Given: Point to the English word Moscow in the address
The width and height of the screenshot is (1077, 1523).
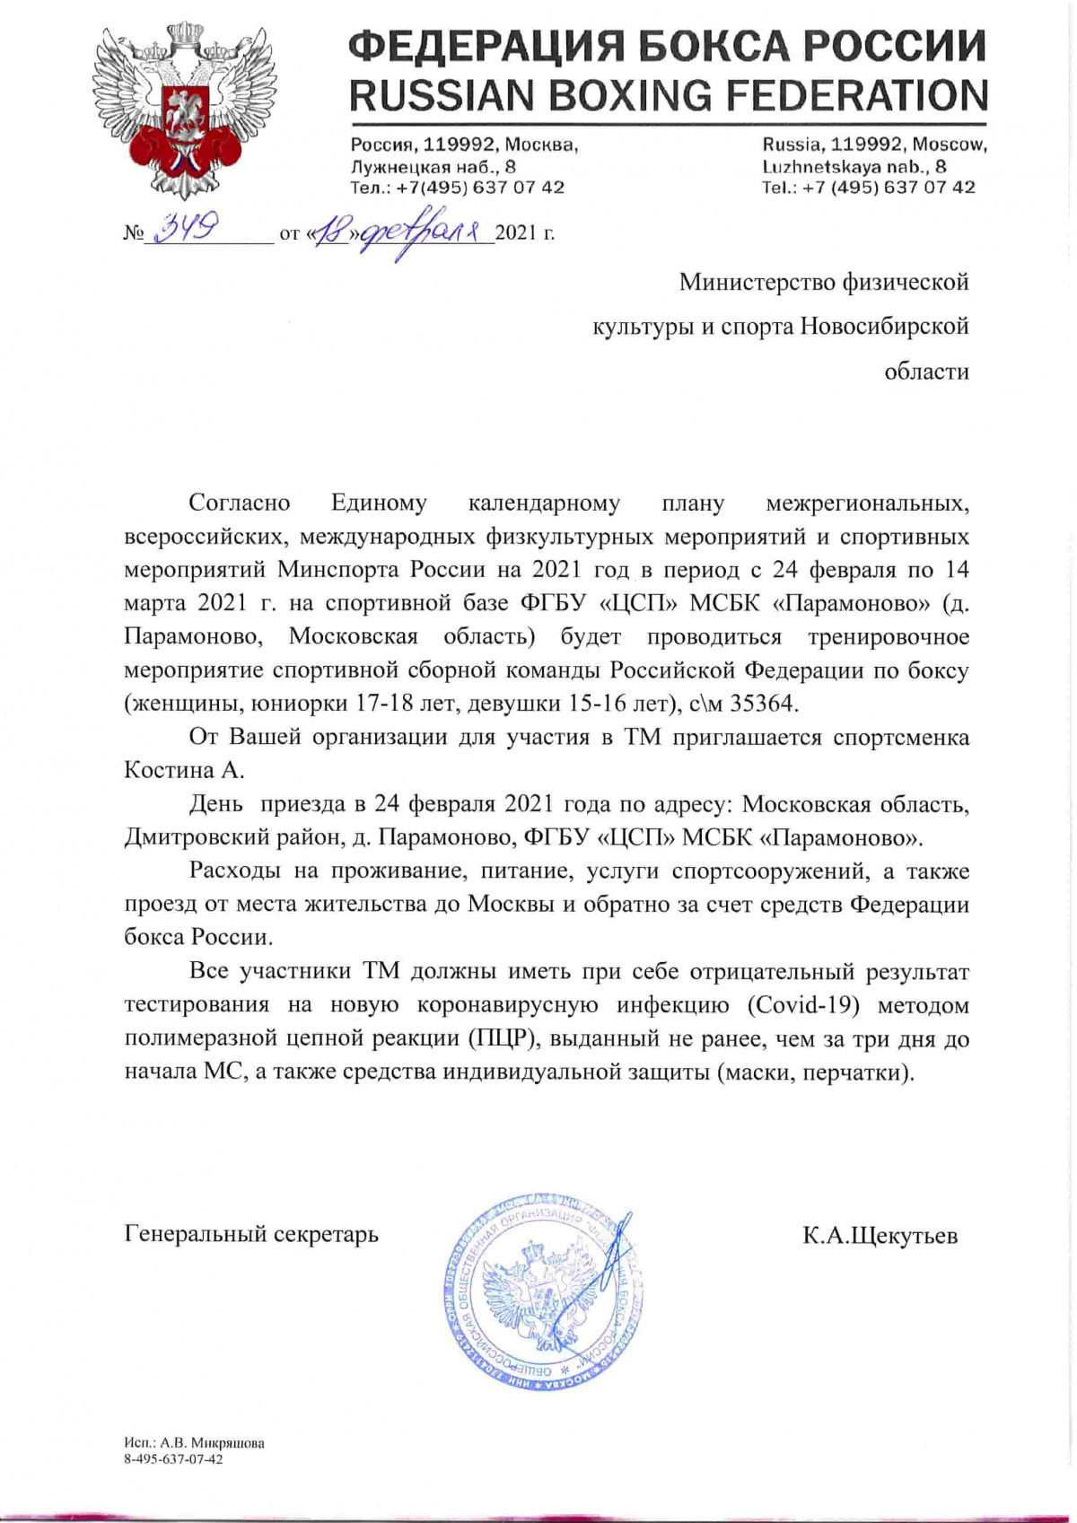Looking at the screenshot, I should [950, 144].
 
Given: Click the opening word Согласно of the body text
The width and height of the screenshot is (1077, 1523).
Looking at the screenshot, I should [239, 503].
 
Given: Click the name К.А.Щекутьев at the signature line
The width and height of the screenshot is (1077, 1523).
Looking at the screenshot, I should [880, 1236].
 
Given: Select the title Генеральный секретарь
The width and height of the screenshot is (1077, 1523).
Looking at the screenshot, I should [251, 1234].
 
